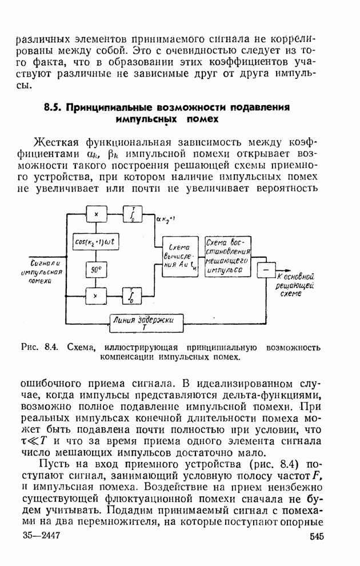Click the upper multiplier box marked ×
pos(97,214)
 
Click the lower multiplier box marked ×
pos(97,296)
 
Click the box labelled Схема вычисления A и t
pos(178,255)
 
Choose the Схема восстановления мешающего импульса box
pos(228,256)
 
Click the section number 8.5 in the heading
pos(54,107)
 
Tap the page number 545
pos(318,536)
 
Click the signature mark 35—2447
pos(42,536)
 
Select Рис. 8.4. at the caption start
pos(37,347)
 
